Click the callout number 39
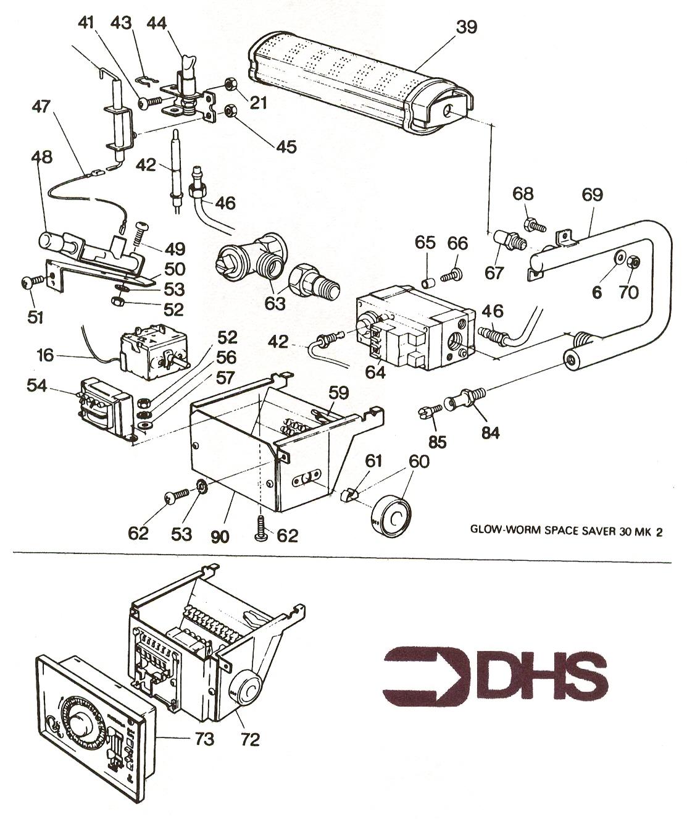467,27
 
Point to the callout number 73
201,738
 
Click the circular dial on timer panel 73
82,729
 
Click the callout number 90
220,536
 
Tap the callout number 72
251,738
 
